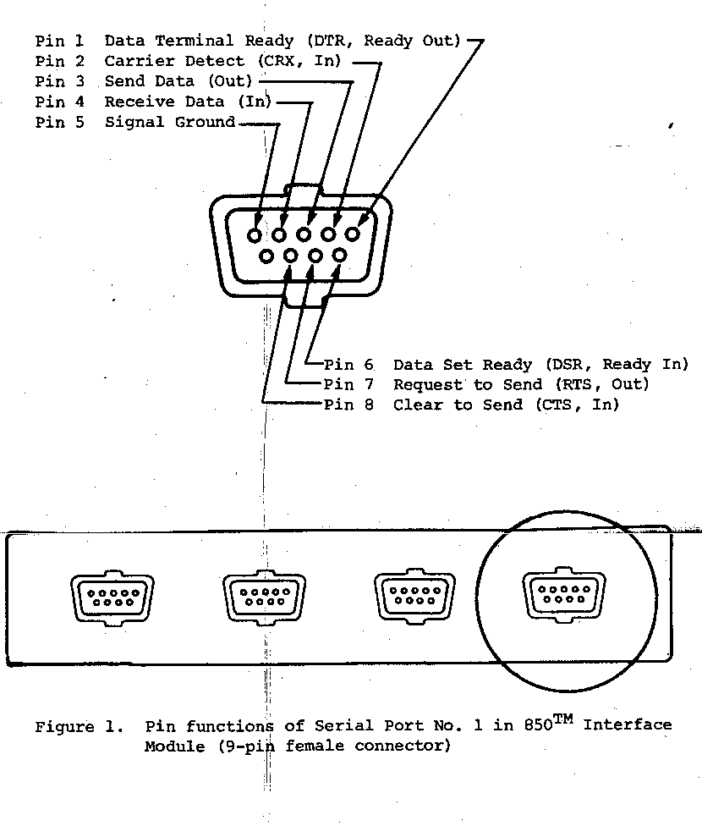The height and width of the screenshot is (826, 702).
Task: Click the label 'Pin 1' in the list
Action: tap(59, 41)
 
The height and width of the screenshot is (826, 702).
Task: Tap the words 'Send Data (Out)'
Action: tap(178, 81)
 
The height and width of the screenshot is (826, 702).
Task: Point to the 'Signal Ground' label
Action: tap(170, 123)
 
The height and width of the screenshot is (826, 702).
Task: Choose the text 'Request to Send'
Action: tap(468, 385)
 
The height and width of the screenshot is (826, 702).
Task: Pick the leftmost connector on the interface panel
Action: tap(112, 596)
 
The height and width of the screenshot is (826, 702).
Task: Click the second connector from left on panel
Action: tap(264, 596)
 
